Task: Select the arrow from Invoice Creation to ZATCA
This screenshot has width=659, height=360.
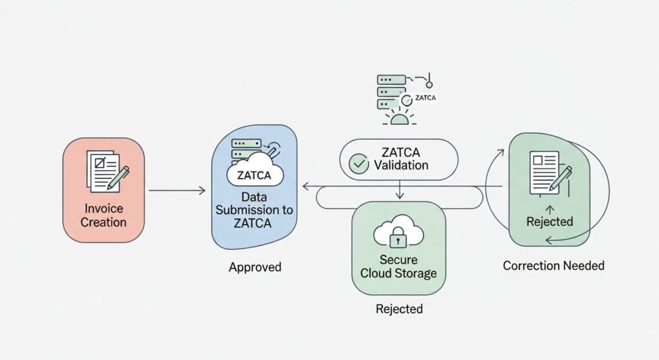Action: click(177, 190)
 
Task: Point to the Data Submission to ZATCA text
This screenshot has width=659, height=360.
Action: click(254, 210)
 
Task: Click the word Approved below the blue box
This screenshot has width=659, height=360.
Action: click(255, 267)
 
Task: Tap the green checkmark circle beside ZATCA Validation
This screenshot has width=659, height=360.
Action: click(358, 164)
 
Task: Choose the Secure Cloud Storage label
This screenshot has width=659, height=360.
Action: click(398, 266)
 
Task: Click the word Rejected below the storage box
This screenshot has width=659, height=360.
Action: click(399, 309)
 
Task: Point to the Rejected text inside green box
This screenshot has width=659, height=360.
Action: click(550, 222)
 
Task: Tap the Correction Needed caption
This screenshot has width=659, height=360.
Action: click(553, 265)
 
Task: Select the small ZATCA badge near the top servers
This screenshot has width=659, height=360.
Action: click(425, 98)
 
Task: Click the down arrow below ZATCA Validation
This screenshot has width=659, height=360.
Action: click(400, 190)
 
